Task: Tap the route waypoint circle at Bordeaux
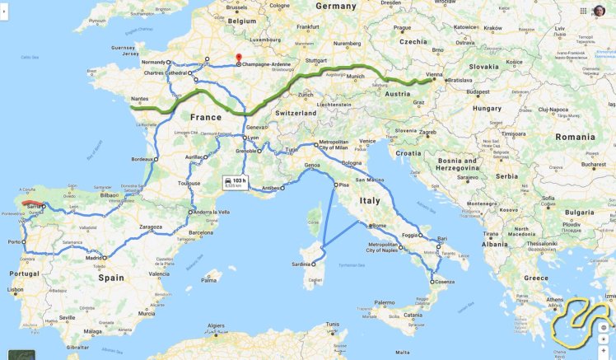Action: [x=156, y=159]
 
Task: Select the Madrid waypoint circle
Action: [x=105, y=258]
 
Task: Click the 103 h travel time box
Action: [x=234, y=182]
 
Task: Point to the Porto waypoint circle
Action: [x=24, y=242]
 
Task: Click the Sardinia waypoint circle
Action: [x=314, y=264]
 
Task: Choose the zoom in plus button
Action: [x=604, y=339]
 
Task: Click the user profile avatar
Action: [x=599, y=11]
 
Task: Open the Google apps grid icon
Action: [x=580, y=11]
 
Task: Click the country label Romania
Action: [x=575, y=136]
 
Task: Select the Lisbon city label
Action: [x=15, y=290]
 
